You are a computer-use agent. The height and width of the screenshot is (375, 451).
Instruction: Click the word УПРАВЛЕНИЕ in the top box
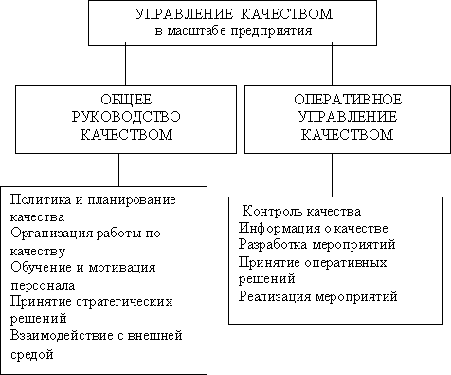pyautogui.click(x=184, y=14)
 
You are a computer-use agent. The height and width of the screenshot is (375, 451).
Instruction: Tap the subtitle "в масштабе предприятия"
pyautogui.click(x=233, y=31)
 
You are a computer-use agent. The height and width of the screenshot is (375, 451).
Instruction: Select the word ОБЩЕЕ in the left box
pyautogui.click(x=126, y=100)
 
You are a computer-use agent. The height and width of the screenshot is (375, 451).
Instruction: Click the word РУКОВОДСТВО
pyautogui.click(x=126, y=117)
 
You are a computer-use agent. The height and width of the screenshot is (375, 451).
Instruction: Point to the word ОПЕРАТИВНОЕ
pyautogui.click(x=348, y=100)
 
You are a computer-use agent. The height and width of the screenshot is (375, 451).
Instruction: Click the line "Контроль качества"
pyautogui.click(x=301, y=211)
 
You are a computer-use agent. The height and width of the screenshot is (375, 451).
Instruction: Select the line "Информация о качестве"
pyautogui.click(x=313, y=228)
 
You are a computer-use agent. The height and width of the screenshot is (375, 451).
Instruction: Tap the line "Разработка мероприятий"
pyautogui.click(x=316, y=245)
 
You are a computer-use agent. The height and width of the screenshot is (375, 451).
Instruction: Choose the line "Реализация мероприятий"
pyautogui.click(x=317, y=296)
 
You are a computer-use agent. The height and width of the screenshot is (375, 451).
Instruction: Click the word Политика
pyautogui.click(x=41, y=199)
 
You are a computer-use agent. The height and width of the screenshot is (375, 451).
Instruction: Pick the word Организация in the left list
pyautogui.click(x=52, y=234)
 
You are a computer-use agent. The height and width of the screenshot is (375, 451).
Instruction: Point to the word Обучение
pyautogui.click(x=41, y=267)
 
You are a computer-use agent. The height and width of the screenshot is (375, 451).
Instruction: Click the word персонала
pyautogui.click(x=43, y=286)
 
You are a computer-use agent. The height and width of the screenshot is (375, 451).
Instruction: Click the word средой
pyautogui.click(x=31, y=354)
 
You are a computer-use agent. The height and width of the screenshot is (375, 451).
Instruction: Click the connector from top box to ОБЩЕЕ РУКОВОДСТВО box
pyautogui.click(x=126, y=64)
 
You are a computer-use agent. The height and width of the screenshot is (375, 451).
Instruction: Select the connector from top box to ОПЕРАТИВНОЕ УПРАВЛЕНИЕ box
pyautogui.click(x=332, y=64)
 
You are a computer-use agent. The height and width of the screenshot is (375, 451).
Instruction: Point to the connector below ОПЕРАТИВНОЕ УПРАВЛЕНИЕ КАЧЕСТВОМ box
pyautogui.click(x=332, y=176)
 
